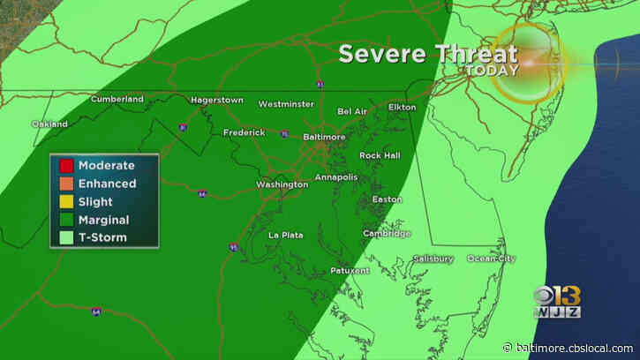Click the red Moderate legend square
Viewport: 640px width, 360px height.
click(65, 165)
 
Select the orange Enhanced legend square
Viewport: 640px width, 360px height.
click(65, 184)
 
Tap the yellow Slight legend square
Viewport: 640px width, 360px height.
click(65, 202)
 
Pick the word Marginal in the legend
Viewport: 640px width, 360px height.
click(103, 220)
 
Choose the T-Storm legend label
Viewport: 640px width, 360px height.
click(101, 237)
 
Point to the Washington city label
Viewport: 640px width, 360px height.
click(282, 184)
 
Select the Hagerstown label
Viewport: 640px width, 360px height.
click(217, 100)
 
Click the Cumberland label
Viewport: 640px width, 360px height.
click(117, 99)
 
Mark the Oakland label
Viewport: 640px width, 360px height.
click(49, 124)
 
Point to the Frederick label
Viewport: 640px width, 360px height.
click(244, 132)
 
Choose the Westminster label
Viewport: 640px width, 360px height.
click(286, 104)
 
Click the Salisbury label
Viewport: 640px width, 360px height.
click(433, 259)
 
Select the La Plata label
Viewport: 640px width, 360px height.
click(286, 235)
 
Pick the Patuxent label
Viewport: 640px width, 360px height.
click(350, 270)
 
